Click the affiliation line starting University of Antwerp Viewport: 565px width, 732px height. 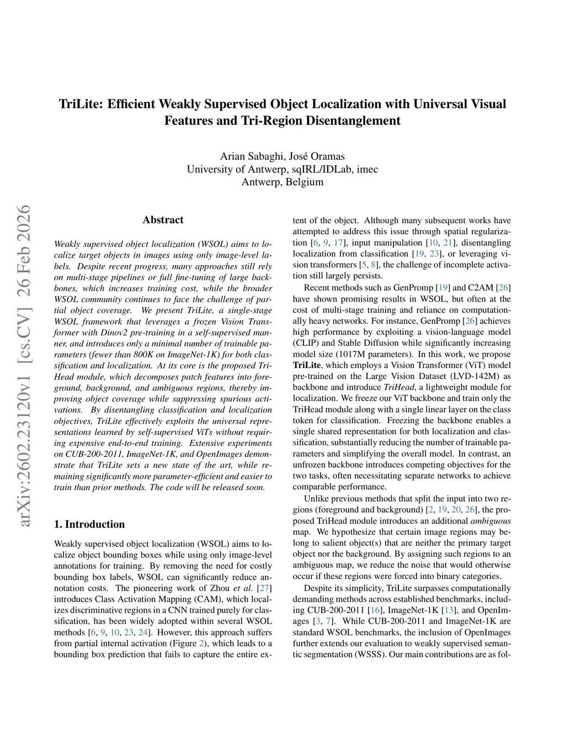click(x=282, y=169)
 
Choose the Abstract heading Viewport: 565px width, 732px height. click(x=163, y=220)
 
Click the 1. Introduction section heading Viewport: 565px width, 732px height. click(x=89, y=524)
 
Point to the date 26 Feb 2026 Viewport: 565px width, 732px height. click(x=23, y=251)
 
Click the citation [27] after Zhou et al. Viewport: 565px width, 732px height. click(x=265, y=588)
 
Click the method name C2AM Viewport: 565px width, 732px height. click(x=482, y=288)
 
